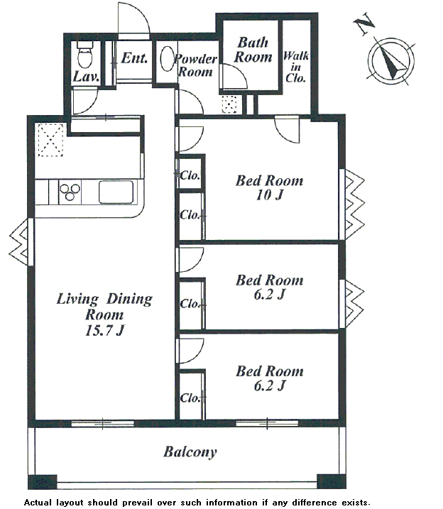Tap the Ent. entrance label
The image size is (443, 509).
pos(134,58)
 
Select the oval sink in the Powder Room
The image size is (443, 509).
pos(168,58)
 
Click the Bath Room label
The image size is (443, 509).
pos(253,50)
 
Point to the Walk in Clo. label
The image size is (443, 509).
pos(295,67)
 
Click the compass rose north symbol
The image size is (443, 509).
pos(391,60)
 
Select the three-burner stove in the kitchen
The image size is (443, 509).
pos(70,192)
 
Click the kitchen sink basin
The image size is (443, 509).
pos(116,192)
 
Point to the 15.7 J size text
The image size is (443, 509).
pos(104,331)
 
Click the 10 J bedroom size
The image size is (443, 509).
pos(269,195)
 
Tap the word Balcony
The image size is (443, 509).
pos(190,452)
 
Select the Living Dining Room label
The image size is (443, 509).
pos(104,307)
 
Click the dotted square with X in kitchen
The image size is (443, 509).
pos(50,140)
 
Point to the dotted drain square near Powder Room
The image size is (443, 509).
pos(229,104)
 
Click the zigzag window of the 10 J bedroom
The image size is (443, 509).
pos(354,204)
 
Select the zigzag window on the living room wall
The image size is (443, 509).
pos(18,242)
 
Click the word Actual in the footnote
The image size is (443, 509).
pos(38,503)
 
